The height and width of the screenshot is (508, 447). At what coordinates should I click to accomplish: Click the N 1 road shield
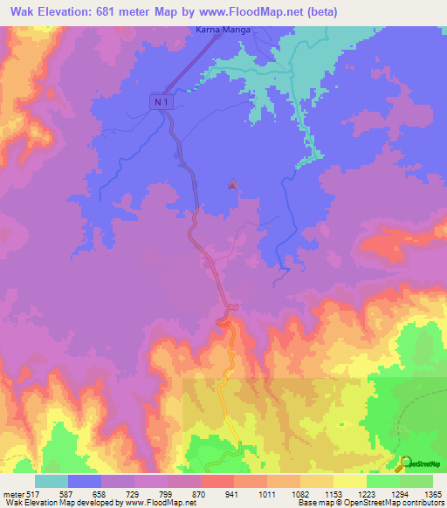pos(160,102)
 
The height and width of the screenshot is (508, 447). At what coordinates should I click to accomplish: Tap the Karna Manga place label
pos(222,31)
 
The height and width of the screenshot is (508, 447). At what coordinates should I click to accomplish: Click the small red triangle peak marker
pos(232,184)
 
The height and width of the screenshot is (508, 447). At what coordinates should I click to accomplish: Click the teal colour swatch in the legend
pos(52,481)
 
